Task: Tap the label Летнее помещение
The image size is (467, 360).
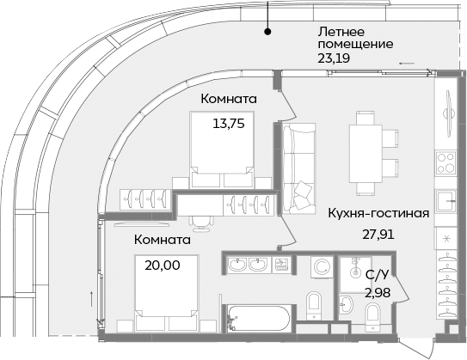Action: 355,36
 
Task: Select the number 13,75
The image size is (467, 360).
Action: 229,123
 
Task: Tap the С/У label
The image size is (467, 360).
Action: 376,275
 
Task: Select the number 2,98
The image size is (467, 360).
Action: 376,294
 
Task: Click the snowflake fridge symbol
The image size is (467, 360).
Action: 446,238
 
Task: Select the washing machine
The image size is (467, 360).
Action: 320,267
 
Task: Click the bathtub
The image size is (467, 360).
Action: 257,320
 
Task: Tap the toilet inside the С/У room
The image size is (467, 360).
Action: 372,317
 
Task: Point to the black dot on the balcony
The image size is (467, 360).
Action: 268,33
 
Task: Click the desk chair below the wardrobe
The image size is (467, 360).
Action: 200,221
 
